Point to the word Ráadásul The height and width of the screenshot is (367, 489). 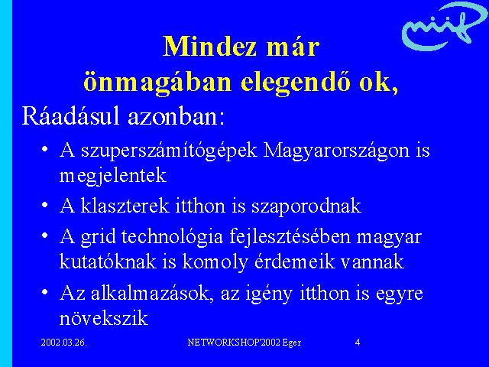click(70, 116)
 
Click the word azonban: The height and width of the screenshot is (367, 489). click(176, 117)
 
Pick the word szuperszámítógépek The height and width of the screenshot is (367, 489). click(169, 151)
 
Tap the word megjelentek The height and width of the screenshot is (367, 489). click(112, 177)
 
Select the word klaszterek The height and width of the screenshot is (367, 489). click(125, 206)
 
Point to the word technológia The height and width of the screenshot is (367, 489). click(172, 238)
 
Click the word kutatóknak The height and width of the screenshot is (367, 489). click(108, 261)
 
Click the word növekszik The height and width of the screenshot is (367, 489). click(104, 318)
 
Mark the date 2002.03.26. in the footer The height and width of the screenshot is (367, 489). click(64, 343)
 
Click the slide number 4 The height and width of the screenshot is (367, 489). click(358, 343)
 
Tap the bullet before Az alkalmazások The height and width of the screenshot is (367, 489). click(45, 292)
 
